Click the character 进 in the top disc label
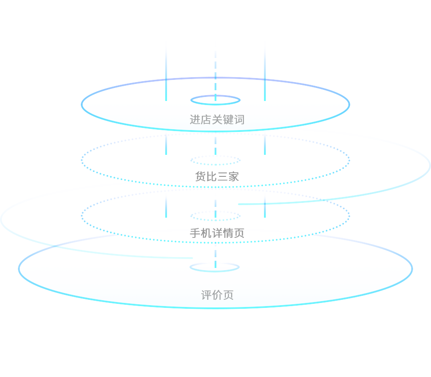pos(195,120)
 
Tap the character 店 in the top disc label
pos(206,120)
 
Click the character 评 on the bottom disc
pos(207,295)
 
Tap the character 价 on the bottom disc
pos(217,295)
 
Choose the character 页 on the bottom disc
pos(229,295)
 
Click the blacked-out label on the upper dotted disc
pos(217,176)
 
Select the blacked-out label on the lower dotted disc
pos(217,232)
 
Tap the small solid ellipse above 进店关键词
pos(215,100)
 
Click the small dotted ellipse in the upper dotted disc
pos(215,160)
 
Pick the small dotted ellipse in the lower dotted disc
pos(215,216)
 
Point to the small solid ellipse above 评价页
pos(215,267)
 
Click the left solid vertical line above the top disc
pos(166,72)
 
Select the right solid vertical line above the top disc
pos(265,72)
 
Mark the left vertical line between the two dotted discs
pos(166,206)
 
